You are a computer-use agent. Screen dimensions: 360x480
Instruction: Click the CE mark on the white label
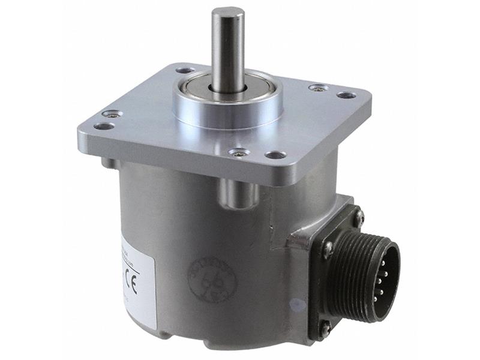[x=133, y=283]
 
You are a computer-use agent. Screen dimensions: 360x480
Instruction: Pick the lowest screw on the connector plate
[x=325, y=327]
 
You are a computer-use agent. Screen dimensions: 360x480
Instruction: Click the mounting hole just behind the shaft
[x=185, y=70]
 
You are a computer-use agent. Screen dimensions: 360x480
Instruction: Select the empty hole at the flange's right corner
[x=346, y=95]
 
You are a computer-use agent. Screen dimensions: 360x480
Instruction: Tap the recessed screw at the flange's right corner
[x=319, y=88]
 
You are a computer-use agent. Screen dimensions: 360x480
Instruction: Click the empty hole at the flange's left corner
[x=104, y=126]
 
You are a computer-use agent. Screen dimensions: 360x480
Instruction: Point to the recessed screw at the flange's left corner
[x=112, y=113]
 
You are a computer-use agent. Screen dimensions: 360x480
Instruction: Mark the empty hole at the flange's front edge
[x=275, y=155]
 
